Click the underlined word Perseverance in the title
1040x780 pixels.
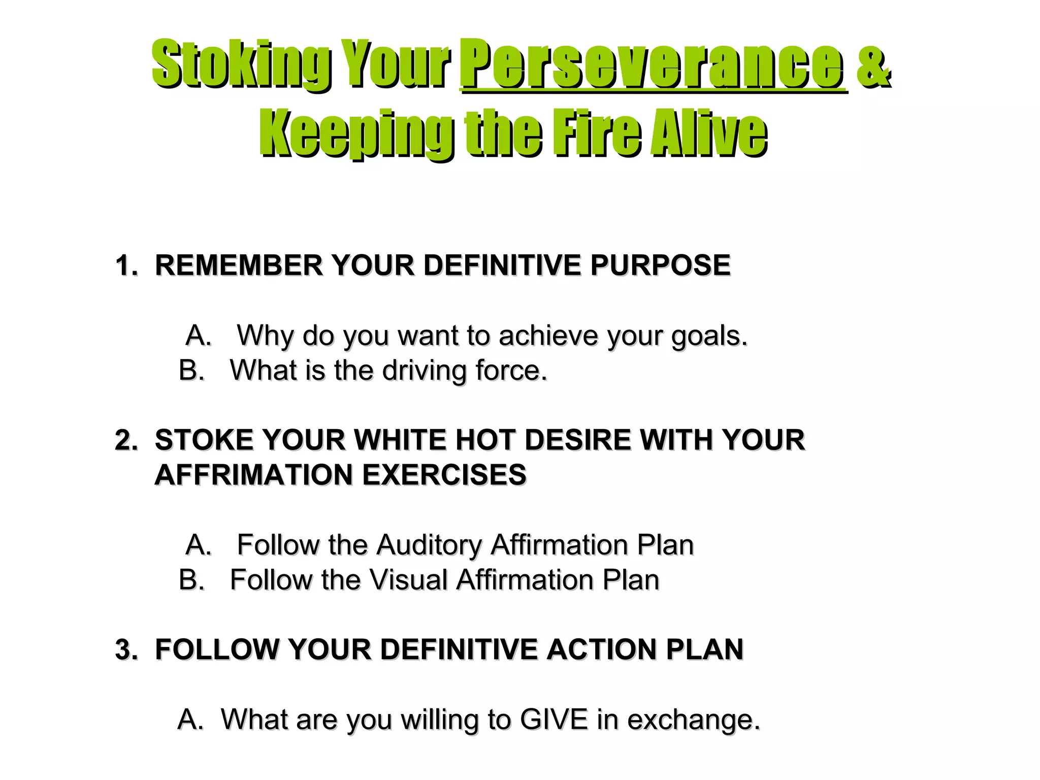point(653,64)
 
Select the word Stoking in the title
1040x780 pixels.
point(241,64)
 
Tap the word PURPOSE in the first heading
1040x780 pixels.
point(660,265)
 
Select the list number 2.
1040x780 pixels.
point(125,440)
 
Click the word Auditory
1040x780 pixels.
point(429,545)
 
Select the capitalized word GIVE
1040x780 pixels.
point(554,720)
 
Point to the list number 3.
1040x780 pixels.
point(125,649)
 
